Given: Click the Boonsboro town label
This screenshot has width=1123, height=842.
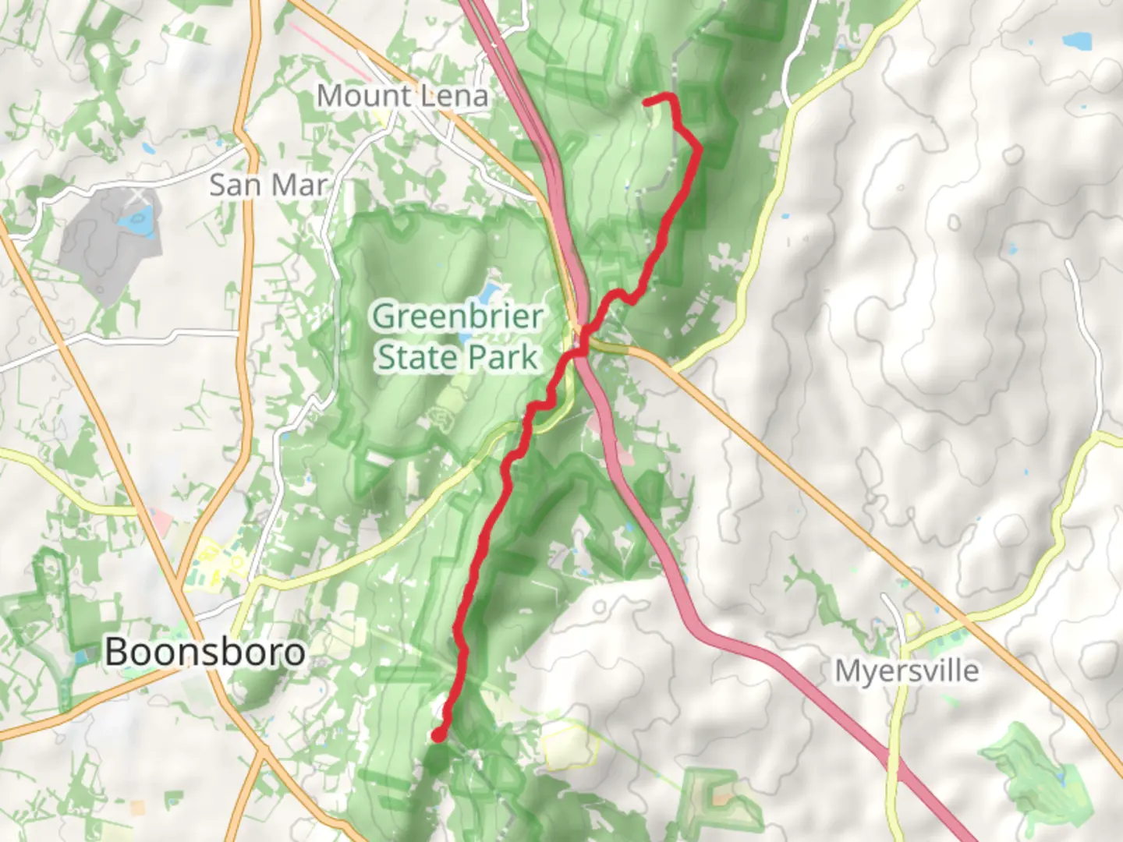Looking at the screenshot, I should pos(204,652).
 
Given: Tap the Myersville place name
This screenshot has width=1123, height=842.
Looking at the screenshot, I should pos(906,670).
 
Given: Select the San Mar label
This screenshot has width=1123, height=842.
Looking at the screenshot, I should pos(268,186).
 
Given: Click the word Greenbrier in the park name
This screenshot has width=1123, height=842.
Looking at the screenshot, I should pos(458,317).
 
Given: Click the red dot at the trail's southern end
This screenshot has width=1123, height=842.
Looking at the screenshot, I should pos(439,734).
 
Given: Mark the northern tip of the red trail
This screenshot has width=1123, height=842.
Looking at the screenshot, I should pos(647,101).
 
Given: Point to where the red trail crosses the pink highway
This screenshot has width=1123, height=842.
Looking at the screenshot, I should pos(580,351).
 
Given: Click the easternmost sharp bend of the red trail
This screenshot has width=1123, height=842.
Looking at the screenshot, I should pos(699,147).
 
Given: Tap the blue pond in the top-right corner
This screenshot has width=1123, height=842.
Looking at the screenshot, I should pos(1079,38).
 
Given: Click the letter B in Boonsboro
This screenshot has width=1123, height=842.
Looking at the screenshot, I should pos(117,652).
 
